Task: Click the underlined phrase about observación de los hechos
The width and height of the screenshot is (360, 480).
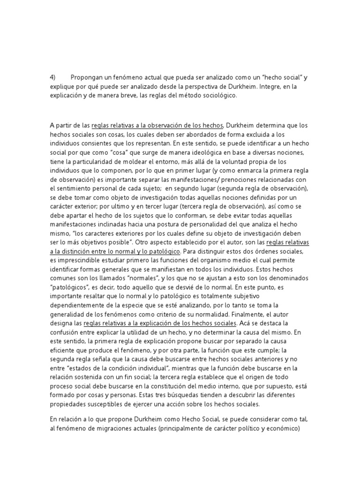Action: pos(158,125)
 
